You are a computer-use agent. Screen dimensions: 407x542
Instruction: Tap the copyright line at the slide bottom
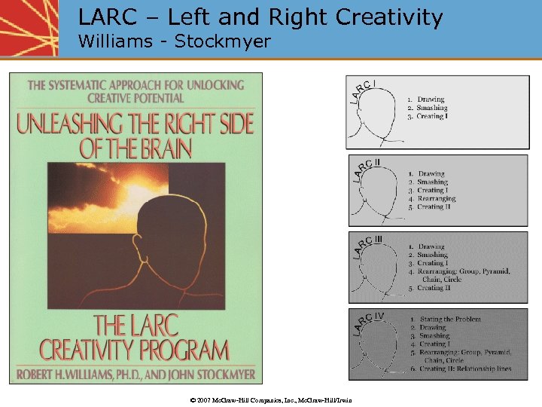(271, 399)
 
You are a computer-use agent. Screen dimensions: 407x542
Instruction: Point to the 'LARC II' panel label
(365, 168)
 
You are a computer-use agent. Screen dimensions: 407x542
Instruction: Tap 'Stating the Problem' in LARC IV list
(449, 320)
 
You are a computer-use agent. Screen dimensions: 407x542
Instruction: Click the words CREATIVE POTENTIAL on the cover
(135, 99)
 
